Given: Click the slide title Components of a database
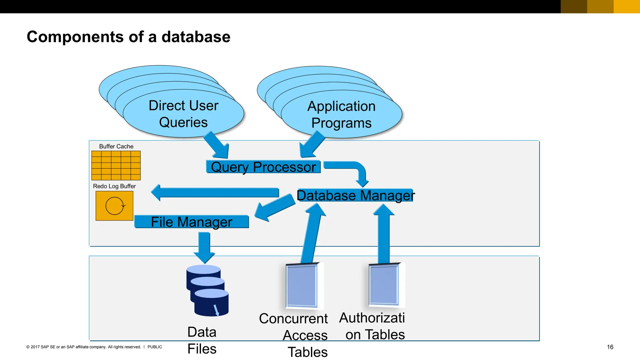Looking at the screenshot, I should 128,37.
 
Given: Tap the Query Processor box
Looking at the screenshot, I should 263,167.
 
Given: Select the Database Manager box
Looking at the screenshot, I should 355,196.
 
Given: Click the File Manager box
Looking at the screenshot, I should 191,222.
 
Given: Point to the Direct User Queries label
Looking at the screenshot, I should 183,114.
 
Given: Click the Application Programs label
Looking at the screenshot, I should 341,114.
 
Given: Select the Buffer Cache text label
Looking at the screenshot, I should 116,146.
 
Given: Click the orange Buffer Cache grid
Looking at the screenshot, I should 116,166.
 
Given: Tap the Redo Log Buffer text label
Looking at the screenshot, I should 114,186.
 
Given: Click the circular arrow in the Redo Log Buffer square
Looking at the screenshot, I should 115,206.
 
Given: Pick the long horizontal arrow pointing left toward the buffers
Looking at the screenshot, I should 216,192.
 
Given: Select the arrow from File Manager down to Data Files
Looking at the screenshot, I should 204,247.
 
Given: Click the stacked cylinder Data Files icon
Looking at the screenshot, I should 208,291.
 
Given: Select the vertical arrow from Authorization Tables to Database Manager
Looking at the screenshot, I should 384,234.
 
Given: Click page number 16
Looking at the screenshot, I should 610,347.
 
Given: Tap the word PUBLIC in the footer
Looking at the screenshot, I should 155,347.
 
